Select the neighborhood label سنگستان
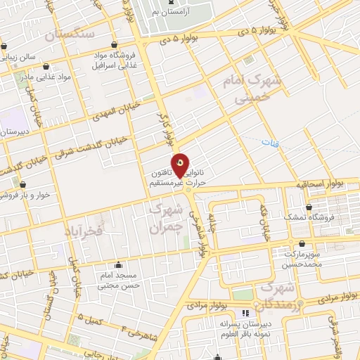click(x=69, y=33)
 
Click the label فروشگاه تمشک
click(x=307, y=217)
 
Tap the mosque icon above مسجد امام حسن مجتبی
click(x=117, y=266)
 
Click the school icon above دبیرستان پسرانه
click(x=245, y=313)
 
